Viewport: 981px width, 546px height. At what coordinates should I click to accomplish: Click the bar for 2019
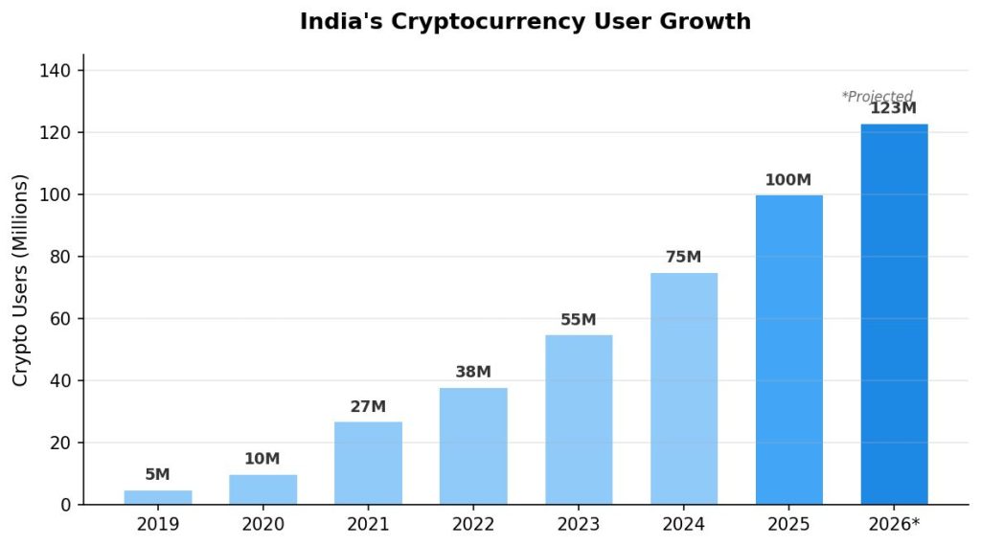pos(158,497)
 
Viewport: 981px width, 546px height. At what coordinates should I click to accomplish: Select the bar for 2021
pos(368,463)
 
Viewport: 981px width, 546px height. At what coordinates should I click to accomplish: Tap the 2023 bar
pos(579,420)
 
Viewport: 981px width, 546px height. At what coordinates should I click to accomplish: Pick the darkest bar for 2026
pos(894,314)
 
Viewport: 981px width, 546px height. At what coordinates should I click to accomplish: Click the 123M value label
pos(893,108)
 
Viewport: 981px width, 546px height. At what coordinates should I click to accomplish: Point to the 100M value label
pos(787,180)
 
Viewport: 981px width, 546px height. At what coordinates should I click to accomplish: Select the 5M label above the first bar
pos(157,475)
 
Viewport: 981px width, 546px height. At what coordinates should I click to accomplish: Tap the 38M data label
pos(473,373)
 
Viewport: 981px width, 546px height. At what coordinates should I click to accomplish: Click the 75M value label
pos(683,258)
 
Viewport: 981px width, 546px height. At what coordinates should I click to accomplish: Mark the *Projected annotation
pos(877,97)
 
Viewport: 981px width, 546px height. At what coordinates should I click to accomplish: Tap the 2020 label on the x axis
pos(262,525)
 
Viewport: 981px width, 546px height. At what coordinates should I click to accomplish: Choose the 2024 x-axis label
pos(683,525)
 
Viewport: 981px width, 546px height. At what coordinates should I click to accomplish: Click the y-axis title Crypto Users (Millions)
pos(21,281)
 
